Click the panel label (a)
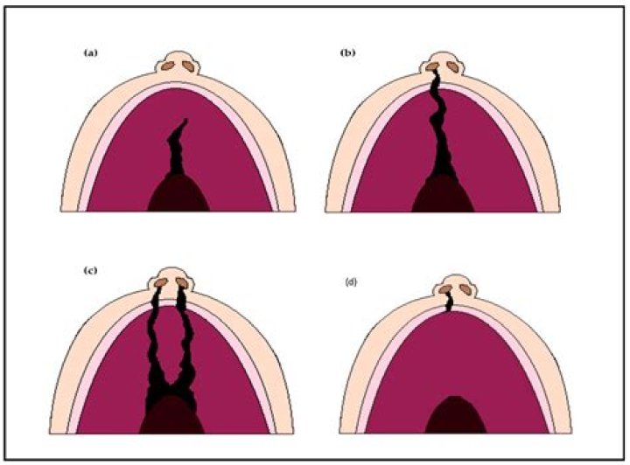[90, 52]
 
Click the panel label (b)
[347, 52]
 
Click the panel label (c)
[90, 270]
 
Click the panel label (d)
[351, 282]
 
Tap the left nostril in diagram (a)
[168, 66]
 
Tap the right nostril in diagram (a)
[188, 66]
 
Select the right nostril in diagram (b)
[453, 66]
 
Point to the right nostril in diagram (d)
[465, 289]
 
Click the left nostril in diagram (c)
[161, 283]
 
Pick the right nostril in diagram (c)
[182, 283]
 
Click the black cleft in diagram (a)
[176, 149]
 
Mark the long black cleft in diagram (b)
[439, 124]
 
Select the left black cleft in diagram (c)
[154, 345]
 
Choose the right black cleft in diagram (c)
[187, 345]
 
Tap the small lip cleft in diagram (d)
[449, 302]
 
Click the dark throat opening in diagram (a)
[178, 193]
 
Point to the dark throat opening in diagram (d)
[456, 415]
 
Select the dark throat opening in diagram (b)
[443, 194]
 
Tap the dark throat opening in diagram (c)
[172, 415]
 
